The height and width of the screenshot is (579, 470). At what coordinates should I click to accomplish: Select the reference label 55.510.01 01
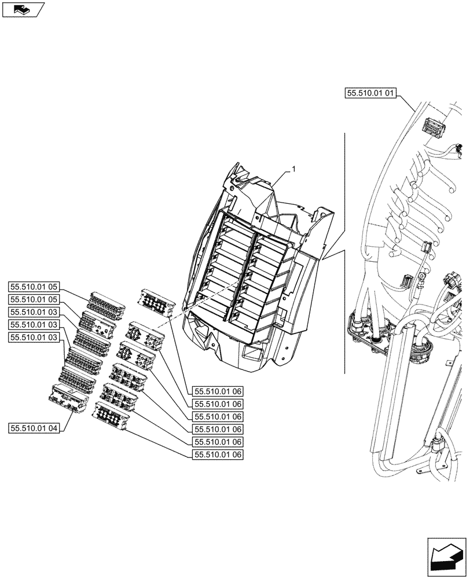[370, 92]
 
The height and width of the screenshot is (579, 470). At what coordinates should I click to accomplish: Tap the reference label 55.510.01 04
[34, 428]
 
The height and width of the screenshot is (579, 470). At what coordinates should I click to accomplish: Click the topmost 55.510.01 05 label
[34, 286]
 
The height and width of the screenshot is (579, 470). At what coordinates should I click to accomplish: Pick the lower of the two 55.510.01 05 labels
[34, 299]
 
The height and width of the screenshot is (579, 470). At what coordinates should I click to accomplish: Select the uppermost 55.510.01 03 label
[34, 312]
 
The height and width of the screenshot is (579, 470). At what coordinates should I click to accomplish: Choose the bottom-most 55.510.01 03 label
[34, 338]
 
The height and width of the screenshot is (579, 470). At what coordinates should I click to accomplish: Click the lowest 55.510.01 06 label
[218, 455]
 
